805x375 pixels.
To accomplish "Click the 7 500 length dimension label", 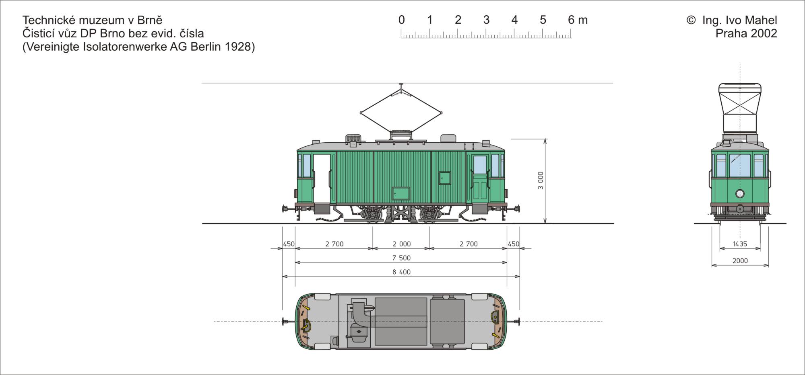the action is coord(401,258).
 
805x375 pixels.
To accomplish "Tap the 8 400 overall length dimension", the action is coord(401,272).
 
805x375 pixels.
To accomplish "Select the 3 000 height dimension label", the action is coord(541,180).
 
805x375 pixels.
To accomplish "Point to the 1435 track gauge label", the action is coord(740,244).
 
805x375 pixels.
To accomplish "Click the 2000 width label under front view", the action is coord(740,261).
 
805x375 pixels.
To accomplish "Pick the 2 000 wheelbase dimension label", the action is coord(401,244).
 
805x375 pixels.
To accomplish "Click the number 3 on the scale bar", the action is coord(486,20).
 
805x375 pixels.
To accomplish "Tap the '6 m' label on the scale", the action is coord(578,20).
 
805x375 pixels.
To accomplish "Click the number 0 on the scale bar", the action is coord(401,20).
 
